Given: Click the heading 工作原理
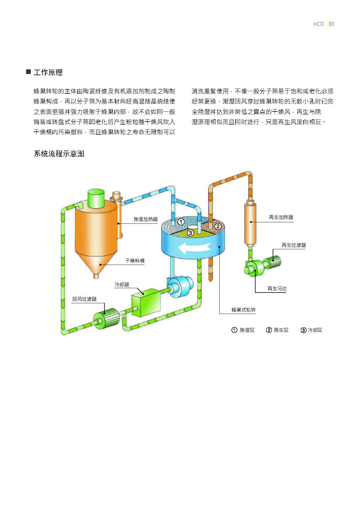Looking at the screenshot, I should coord(48,72).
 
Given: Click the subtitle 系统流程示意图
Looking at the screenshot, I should coord(59,154).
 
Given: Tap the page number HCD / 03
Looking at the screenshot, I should coord(323,24).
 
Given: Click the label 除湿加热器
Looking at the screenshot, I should coord(146,219).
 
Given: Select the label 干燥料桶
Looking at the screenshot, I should coord(135,261).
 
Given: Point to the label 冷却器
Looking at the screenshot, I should coord(122,284).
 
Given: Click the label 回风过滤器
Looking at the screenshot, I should coord(84,299).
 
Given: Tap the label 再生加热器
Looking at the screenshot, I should coord(281,217).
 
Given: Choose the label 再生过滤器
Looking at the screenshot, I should coord(294,245).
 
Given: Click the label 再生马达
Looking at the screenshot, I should coord(277,288).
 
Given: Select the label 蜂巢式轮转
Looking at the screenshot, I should coord(243,310).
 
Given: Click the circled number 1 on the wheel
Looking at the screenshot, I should coord(181,222).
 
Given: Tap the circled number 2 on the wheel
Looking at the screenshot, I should coord(218,226).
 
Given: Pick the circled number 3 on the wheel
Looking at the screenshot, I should coord(190,233).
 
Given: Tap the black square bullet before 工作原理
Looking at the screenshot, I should coord(28,72).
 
